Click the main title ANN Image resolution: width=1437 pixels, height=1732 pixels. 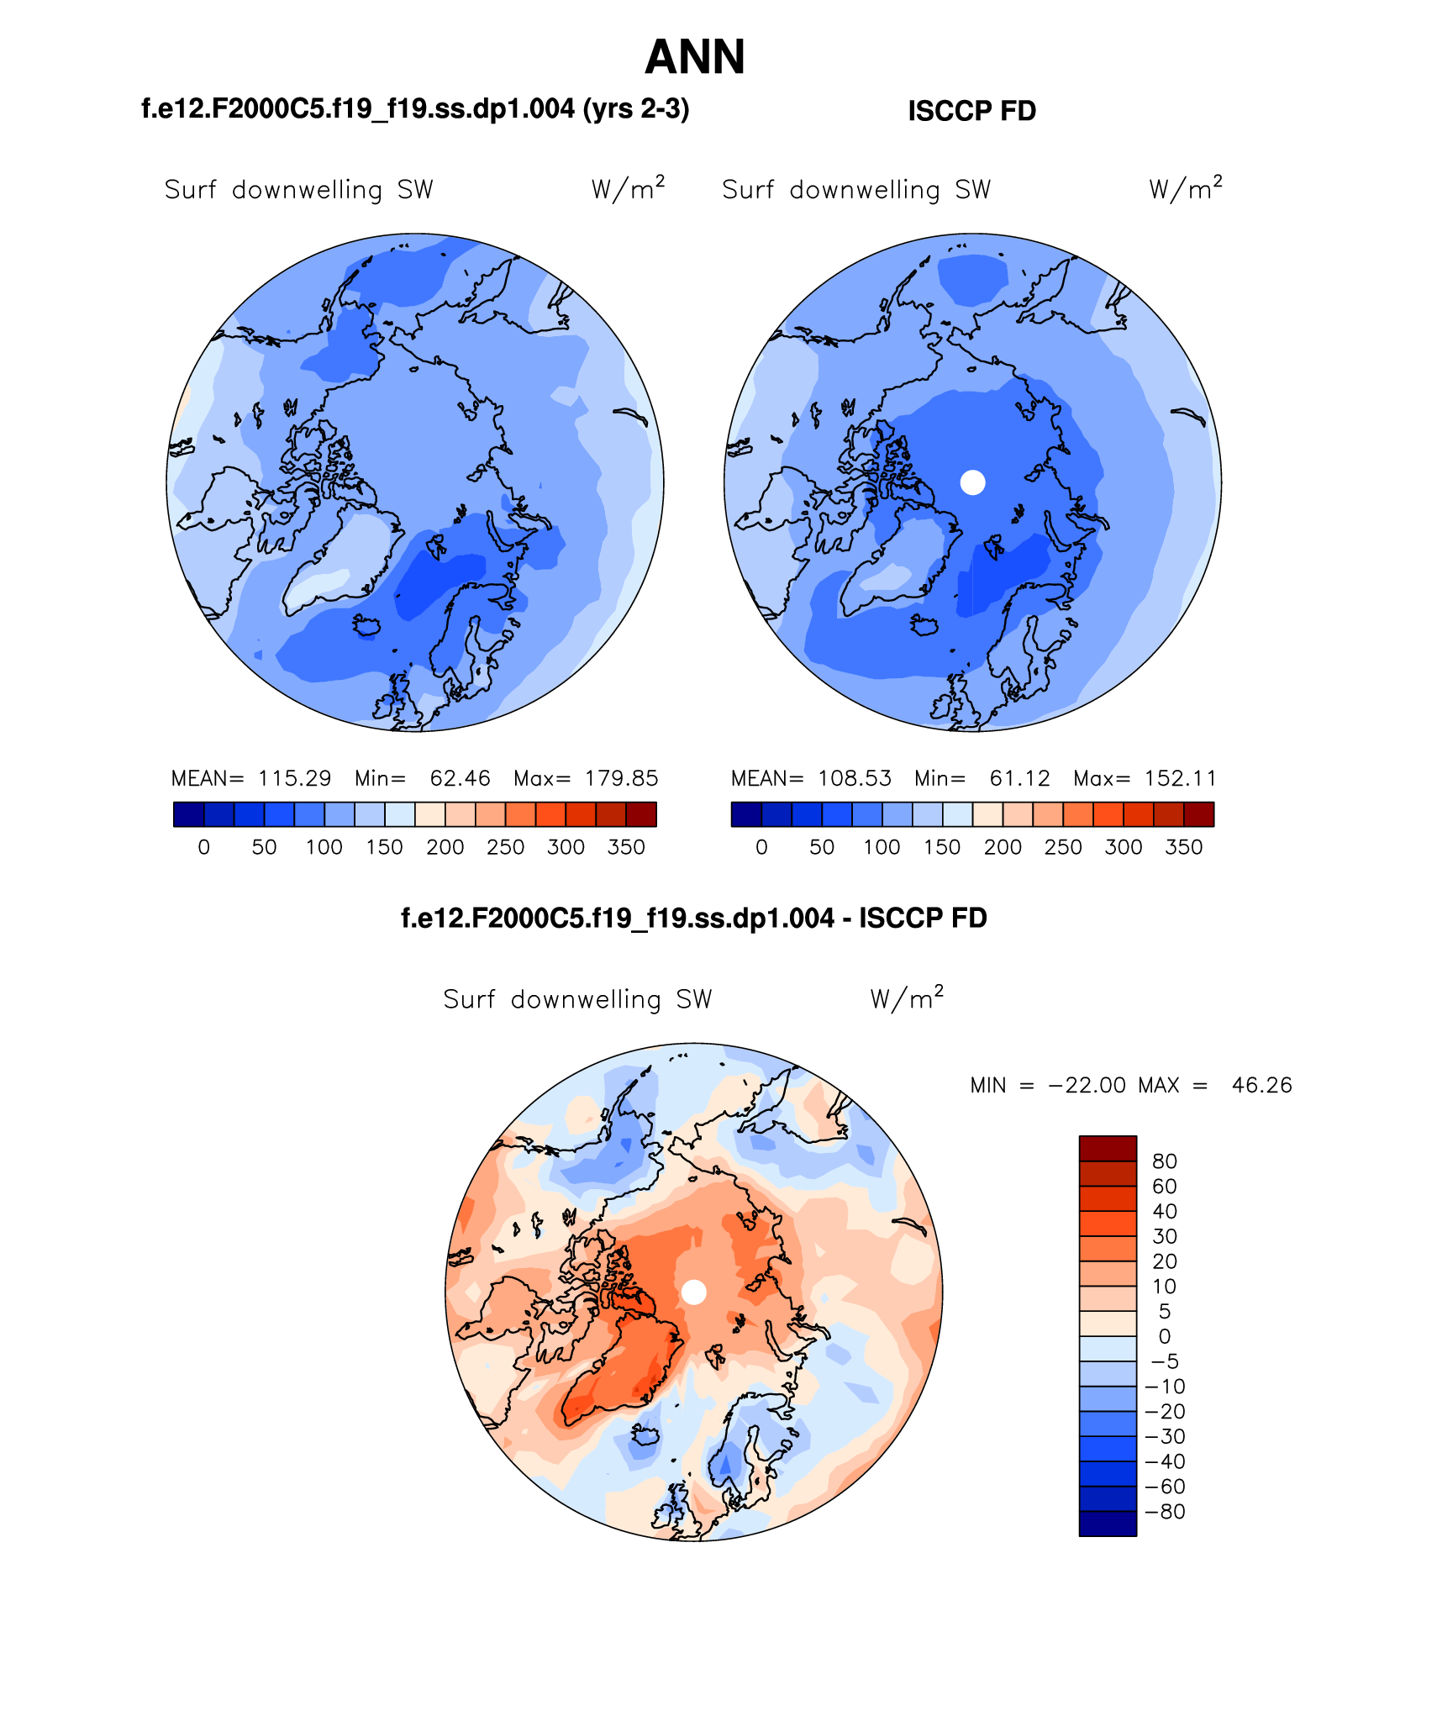695,57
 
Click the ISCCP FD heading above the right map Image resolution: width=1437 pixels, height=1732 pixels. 971,111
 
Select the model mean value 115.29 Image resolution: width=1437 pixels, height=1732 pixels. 294,778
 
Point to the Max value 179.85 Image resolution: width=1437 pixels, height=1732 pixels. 621,778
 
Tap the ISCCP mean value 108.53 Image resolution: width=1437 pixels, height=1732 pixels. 854,778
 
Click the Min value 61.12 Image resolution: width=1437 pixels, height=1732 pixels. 1019,778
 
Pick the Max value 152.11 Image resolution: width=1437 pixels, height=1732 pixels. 1180,778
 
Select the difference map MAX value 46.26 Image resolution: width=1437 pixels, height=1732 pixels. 1261,1085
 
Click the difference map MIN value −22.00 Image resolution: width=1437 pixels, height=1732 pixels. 1087,1085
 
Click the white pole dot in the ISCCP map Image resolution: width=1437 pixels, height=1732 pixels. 972,482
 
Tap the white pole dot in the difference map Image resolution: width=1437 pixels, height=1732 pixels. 693,1292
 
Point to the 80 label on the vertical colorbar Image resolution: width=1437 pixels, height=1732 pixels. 1164,1161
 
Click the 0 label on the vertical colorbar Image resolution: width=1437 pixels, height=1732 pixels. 1164,1336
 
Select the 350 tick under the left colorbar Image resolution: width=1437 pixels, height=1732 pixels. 626,847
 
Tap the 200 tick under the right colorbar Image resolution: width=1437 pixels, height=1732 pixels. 1003,847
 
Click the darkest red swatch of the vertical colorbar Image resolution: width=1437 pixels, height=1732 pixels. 1108,1148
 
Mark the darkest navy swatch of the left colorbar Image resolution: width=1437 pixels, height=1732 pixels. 188,814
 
